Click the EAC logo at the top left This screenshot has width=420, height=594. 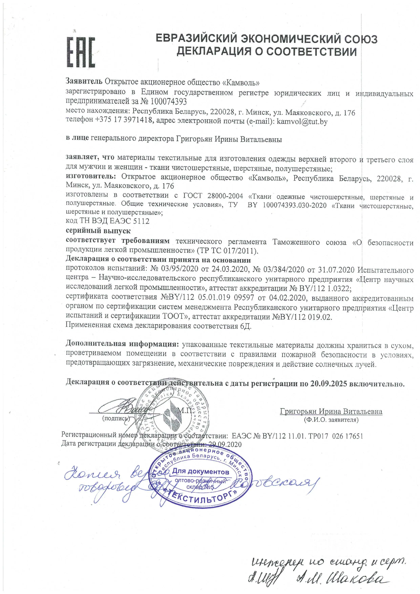click(x=81, y=52)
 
